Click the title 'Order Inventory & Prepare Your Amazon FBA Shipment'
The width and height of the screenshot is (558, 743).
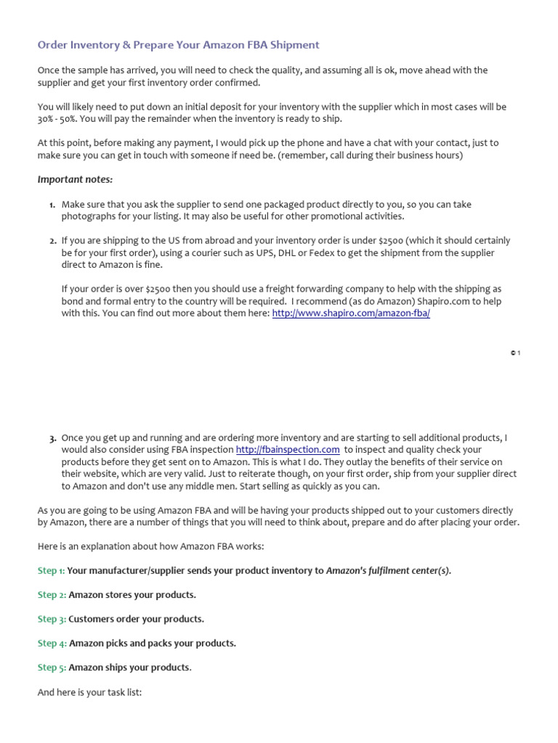point(178,45)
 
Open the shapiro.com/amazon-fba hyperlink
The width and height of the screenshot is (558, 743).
point(351,313)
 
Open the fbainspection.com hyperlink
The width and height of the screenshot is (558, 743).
point(288,450)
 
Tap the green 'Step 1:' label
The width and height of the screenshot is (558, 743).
point(51,571)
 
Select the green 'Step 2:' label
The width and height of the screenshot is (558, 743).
point(52,595)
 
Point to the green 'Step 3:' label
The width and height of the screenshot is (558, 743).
point(52,619)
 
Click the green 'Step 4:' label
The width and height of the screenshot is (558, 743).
point(52,643)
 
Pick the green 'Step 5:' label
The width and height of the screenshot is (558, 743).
point(52,668)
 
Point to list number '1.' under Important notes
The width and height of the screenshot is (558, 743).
point(52,205)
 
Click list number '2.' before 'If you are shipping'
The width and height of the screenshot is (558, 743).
point(52,241)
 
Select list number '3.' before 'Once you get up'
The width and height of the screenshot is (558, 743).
point(52,439)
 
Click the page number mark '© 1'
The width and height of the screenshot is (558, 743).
point(515,353)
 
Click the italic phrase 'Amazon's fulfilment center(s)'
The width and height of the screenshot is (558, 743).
point(388,571)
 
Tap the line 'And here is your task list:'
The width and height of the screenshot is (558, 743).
point(89,693)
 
